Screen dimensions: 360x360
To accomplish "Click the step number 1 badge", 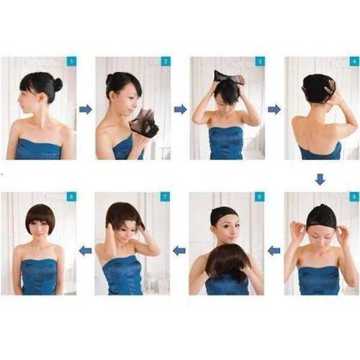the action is click(x=71, y=62).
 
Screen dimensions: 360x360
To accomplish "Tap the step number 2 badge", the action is click(x=166, y=62).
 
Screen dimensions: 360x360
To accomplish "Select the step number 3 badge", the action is click(x=260, y=62).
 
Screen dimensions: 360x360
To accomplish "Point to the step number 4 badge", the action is click(x=354, y=62).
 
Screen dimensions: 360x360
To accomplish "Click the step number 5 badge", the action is click(x=354, y=197).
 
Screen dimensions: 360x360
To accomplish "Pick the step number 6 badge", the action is click(x=259, y=197).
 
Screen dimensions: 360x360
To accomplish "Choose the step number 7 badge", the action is click(x=165, y=197).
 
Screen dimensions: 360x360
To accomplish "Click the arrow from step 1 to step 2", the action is click(x=86, y=109).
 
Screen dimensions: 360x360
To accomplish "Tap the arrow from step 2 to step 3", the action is click(x=180, y=109).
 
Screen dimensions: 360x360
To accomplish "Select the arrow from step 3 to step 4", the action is click(x=274, y=109).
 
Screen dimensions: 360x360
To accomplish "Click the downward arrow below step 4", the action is click(x=320, y=179).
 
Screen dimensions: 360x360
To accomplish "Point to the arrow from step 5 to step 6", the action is click(x=274, y=251).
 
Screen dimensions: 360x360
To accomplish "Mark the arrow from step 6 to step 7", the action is click(x=179, y=251).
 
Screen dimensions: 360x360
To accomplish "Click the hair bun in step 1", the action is click(x=57, y=84).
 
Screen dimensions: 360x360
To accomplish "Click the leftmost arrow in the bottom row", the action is click(x=85, y=251).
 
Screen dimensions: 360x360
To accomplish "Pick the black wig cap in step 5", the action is click(x=320, y=215).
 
